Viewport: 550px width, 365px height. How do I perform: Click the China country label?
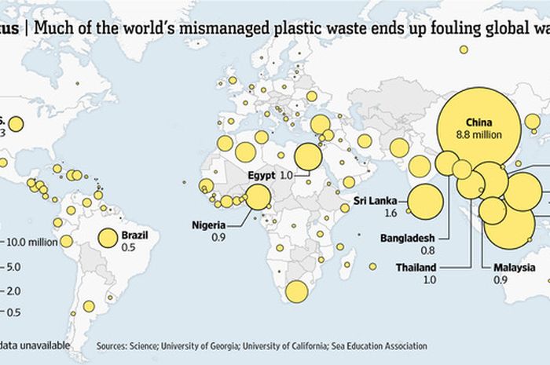pos(478,122)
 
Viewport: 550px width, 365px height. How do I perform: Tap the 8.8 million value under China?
pos(478,135)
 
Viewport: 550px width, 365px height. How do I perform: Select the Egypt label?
pos(261,174)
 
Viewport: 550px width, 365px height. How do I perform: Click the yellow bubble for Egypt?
pos(308,157)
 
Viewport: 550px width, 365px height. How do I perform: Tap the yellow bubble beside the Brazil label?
pos(108,239)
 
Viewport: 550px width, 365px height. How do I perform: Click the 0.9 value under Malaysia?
pos(500,279)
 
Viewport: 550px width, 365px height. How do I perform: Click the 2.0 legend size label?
pos(13,291)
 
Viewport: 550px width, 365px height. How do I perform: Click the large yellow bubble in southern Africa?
pos(296,291)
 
